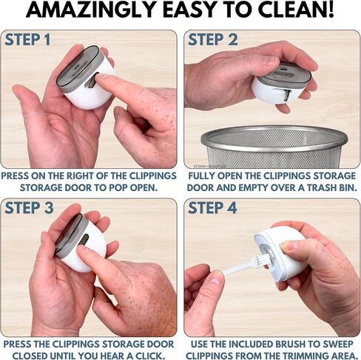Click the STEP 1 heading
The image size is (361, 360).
click(x=27, y=40)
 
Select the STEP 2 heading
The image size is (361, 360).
click(x=213, y=40)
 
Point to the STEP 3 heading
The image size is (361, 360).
click(x=29, y=207)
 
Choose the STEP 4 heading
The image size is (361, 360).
click(x=212, y=207)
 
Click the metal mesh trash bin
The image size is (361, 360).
click(x=274, y=147)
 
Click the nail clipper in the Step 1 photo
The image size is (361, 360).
click(x=86, y=77)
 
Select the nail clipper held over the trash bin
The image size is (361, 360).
click(x=281, y=83)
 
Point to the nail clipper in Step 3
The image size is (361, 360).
click(x=80, y=242)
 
